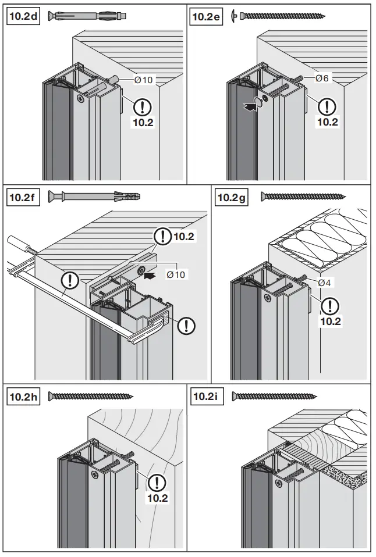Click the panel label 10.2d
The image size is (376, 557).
tap(23, 16)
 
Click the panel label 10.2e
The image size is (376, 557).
tap(207, 16)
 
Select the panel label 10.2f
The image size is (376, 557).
tap(22, 197)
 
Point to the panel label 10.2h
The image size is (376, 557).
tap(23, 397)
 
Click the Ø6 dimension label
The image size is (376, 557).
tap(323, 78)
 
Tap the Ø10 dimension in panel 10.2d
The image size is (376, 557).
tap(143, 80)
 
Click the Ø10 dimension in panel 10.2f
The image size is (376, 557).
tap(176, 274)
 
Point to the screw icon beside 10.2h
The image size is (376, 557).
tap(90, 397)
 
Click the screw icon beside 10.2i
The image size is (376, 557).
tap(275, 397)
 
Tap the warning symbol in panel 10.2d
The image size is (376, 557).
tap(143, 107)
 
